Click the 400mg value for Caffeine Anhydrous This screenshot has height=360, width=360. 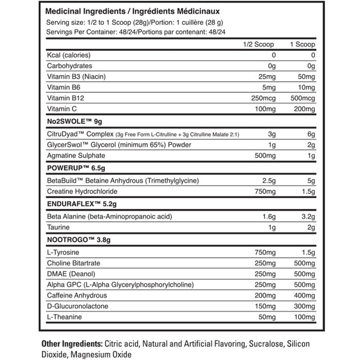(x=302, y=295)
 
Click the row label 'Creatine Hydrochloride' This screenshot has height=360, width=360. (x=82, y=191)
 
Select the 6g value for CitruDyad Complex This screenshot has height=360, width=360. (x=309, y=134)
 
